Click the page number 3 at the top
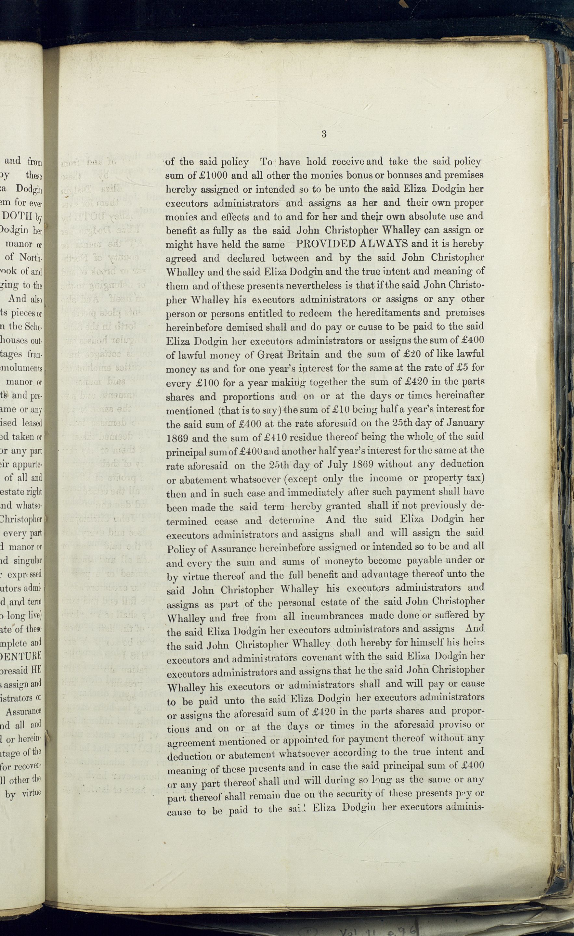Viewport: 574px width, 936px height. (324, 134)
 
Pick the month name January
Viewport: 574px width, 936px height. (466, 423)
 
